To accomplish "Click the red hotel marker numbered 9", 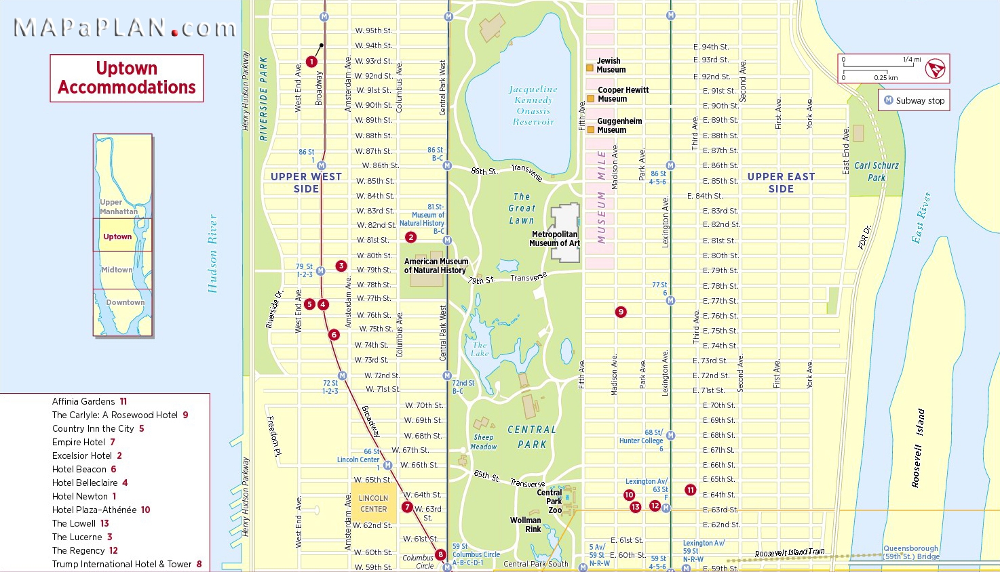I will pos(620,312).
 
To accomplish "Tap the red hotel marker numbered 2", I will pos(410,237).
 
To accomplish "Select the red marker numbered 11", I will pos(690,490).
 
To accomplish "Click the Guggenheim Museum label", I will pos(618,125).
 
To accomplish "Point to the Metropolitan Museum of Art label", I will pos(555,239).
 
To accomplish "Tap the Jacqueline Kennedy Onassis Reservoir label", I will pos(533,105).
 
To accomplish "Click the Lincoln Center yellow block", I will pos(373,503).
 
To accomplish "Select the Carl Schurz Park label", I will pos(876,171).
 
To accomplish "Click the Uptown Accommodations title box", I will pos(127,78).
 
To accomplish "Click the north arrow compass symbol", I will pos(935,68).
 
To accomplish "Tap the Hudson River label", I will pos(212,253).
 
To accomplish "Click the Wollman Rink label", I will pos(525,525).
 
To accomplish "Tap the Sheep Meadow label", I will pos(484,442).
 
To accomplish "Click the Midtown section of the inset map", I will pos(117,270).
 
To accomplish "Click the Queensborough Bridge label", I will pos(910,552).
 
